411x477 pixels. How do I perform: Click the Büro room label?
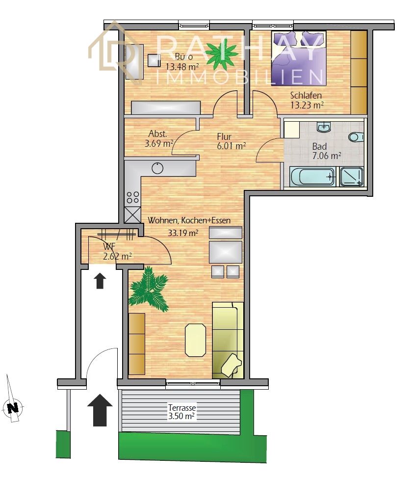183,56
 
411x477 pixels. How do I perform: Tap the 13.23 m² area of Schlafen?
307,105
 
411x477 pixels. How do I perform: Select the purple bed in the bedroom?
299,58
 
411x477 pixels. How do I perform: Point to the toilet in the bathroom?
356,137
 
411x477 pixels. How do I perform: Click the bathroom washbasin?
324,127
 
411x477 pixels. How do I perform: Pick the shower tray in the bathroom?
352,177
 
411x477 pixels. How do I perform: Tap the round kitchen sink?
157,168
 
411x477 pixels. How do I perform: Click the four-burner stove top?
133,197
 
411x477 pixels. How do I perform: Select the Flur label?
224,136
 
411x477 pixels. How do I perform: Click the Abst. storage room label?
157,133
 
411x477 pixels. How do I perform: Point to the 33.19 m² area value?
183,233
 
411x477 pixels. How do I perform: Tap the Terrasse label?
182,407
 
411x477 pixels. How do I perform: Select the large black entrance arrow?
100,410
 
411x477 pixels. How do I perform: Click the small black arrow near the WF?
100,281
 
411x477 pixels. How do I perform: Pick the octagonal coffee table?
196,340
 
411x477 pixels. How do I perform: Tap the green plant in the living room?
149,289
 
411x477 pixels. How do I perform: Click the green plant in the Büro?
222,55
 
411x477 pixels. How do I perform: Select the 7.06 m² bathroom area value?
327,156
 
